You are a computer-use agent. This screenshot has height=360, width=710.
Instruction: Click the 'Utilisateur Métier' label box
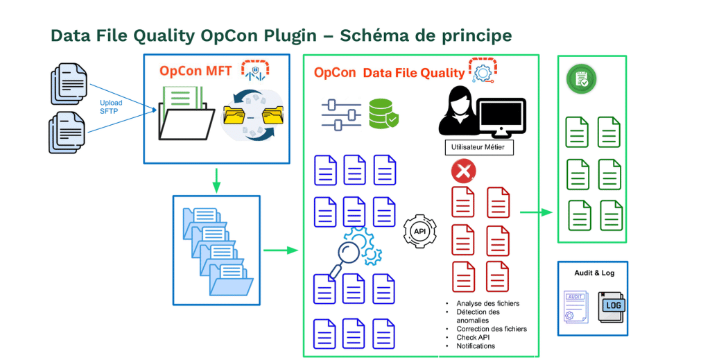pyautogui.click(x=478, y=147)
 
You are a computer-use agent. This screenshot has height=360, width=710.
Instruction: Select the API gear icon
pyautogui.click(x=420, y=231)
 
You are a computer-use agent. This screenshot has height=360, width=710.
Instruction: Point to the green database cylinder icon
pyautogui.click(x=383, y=114)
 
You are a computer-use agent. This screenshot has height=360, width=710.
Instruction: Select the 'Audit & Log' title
pyautogui.click(x=594, y=273)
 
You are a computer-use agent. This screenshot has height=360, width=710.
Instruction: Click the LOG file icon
pyautogui.click(x=612, y=308)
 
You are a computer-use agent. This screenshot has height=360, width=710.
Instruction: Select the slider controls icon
pyautogui.click(x=341, y=114)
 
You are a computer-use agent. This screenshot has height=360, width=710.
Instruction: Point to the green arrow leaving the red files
pyautogui.click(x=536, y=212)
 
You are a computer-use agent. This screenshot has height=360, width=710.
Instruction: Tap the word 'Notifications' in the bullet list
pyautogui.click(x=476, y=345)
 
